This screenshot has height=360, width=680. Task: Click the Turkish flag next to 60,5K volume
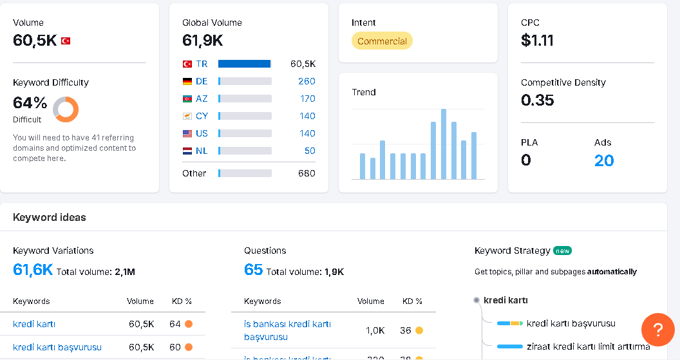point(66,41)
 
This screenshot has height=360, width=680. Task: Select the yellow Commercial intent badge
point(382,41)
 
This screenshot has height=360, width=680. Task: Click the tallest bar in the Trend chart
point(444,144)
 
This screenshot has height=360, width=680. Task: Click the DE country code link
point(202,81)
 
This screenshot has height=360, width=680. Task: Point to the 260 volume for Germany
point(307,81)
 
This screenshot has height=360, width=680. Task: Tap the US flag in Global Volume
point(187,133)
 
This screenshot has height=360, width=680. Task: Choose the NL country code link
point(202,151)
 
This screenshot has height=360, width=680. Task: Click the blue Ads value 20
point(604,160)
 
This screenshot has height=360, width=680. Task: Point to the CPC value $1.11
point(537,41)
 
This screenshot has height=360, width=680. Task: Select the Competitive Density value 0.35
point(537,100)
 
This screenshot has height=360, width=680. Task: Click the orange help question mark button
point(658,330)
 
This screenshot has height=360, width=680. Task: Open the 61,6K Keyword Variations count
point(33,270)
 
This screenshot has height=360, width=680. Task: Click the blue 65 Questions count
point(253,270)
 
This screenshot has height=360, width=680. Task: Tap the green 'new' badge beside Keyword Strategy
point(562,251)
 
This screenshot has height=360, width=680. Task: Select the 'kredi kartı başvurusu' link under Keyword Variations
point(57,347)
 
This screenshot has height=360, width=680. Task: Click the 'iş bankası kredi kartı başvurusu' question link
point(288,330)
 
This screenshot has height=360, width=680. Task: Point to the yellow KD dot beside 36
point(419,330)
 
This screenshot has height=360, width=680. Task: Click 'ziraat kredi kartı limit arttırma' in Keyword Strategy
point(589,346)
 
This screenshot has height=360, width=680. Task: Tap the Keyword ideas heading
point(50,217)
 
